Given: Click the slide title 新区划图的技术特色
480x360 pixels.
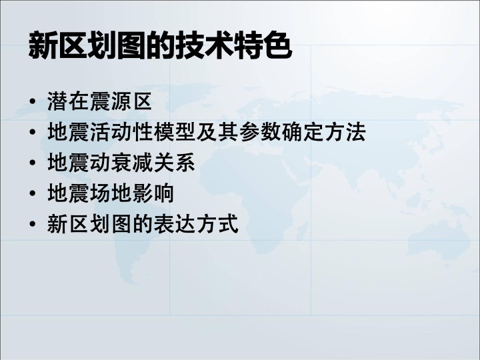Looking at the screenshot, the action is (160, 45).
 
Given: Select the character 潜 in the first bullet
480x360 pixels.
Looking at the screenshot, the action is (57, 101).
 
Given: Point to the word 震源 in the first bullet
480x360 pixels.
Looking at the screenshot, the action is (110, 101).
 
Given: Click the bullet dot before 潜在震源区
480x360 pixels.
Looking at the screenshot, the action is (33, 101).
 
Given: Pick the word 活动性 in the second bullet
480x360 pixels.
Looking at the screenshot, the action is (121, 132).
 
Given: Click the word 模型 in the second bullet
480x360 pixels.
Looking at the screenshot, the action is (175, 132).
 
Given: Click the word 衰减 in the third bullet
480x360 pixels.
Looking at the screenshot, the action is (132, 163).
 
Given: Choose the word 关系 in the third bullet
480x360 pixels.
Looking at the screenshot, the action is (175, 163).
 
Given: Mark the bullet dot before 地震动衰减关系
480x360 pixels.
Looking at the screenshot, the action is (33, 163).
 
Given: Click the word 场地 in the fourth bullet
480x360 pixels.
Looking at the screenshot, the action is (110, 193).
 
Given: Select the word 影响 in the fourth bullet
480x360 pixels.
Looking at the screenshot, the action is (153, 193).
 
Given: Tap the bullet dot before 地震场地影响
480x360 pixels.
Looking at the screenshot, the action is (33, 193).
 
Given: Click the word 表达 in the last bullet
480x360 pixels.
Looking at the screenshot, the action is (175, 224).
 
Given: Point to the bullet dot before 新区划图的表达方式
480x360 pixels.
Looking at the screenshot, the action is (33, 224).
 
